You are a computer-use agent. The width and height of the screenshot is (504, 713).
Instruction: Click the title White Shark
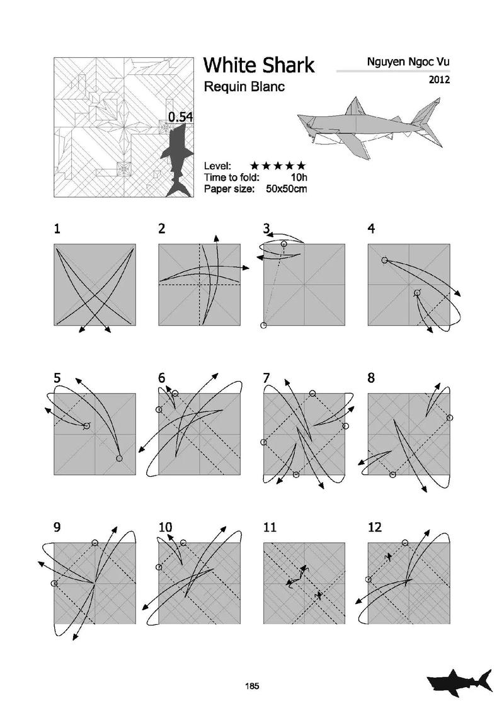coord(258,65)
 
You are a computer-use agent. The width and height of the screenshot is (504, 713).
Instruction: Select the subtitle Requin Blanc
coord(244,86)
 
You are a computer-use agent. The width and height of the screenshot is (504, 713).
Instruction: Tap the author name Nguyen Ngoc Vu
coord(408,62)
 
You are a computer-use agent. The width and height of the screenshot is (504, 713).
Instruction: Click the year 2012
coord(439,79)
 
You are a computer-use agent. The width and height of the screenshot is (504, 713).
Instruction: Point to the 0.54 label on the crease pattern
coord(181,117)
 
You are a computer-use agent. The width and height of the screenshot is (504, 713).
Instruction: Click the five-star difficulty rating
coord(278,166)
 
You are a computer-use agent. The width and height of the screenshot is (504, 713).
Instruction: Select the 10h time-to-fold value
coord(299,178)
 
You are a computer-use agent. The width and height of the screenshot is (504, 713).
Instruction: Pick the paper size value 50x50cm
coord(286,188)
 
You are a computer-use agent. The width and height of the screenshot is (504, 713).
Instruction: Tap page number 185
coord(252,686)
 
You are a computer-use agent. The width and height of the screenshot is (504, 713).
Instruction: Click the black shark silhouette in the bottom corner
coord(459,683)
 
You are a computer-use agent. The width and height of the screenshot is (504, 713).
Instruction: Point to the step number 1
coord(57,229)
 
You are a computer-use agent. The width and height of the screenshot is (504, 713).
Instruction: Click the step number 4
coord(371,229)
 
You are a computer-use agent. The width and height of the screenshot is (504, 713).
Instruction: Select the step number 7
coord(266,378)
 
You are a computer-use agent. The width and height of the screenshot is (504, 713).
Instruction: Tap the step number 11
coord(270,527)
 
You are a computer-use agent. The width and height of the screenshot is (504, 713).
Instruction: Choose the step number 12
coord(375,527)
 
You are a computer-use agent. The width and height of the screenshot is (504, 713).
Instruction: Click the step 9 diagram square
coord(94,583)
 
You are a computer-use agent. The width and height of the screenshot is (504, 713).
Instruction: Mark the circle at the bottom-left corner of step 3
coord(263,325)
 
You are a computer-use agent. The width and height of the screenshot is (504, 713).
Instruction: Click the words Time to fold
coord(232,178)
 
